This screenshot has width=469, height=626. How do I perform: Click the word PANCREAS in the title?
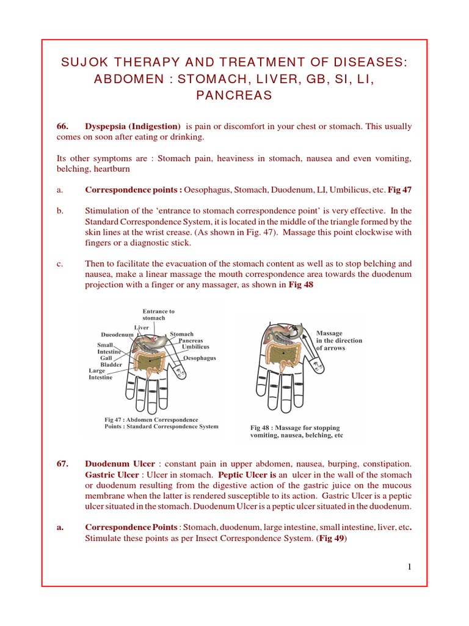(234, 95)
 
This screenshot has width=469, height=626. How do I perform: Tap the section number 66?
(64, 127)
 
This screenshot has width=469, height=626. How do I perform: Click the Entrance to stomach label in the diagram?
(158, 315)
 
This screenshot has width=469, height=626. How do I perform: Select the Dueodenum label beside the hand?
(117, 335)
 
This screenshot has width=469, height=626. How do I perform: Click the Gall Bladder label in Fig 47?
(111, 361)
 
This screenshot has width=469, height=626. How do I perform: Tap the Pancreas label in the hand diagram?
(191, 341)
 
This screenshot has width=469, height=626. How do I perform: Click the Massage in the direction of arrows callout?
(339, 341)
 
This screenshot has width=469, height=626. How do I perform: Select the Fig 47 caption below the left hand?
(161, 423)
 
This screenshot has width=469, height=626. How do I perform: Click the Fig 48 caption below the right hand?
(297, 432)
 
